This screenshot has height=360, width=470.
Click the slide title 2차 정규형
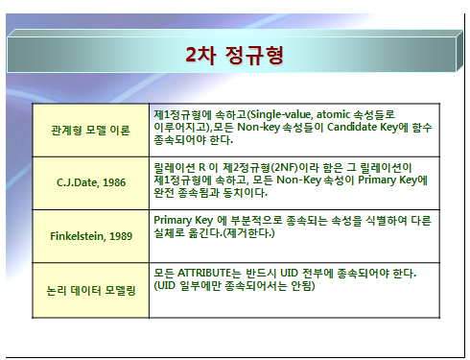tap(234, 55)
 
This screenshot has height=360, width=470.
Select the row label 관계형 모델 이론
tap(90, 131)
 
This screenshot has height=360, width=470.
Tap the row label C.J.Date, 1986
tap(91, 182)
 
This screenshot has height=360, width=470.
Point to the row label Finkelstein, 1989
tap(91, 236)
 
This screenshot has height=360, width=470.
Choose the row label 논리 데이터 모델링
tap(91, 290)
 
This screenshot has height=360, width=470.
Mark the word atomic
tap(333, 114)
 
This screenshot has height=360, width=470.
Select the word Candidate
tap(352, 127)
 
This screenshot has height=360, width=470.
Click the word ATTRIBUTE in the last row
tap(204, 273)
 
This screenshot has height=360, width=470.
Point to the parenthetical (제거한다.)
tap(248, 232)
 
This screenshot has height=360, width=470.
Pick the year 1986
tap(114, 182)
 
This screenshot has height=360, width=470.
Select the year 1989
tap(121, 236)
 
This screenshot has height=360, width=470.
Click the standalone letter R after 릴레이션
tap(201, 167)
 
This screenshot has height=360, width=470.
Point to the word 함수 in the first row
tap(422, 127)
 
